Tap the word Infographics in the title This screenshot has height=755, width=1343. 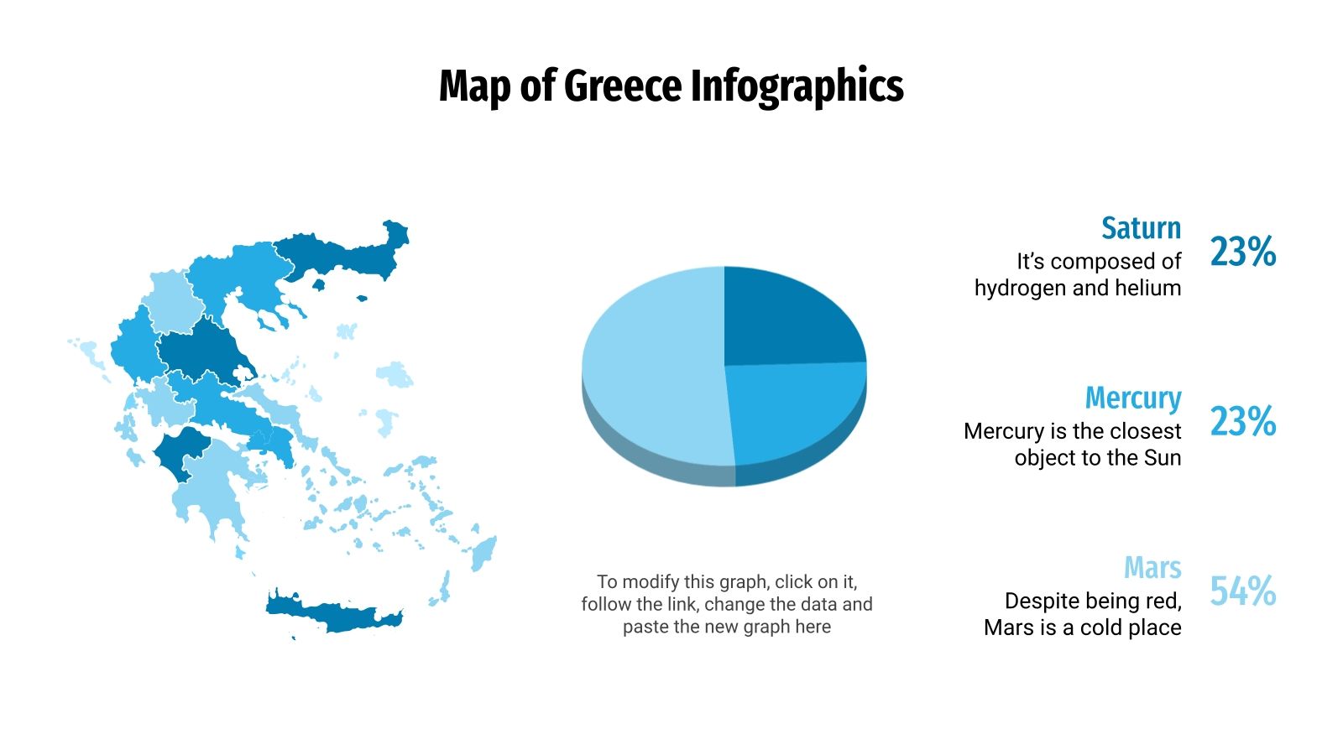[797, 86]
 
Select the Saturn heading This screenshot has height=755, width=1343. [1141, 228]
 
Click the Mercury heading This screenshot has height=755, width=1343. [1132, 398]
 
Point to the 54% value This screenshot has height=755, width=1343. [1242, 591]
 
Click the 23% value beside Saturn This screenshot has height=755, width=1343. [1242, 251]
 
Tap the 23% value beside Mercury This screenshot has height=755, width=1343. [1242, 421]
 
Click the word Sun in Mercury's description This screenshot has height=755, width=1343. [1163, 457]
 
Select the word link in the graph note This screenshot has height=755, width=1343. [681, 604]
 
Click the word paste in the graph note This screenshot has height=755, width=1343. [645, 627]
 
